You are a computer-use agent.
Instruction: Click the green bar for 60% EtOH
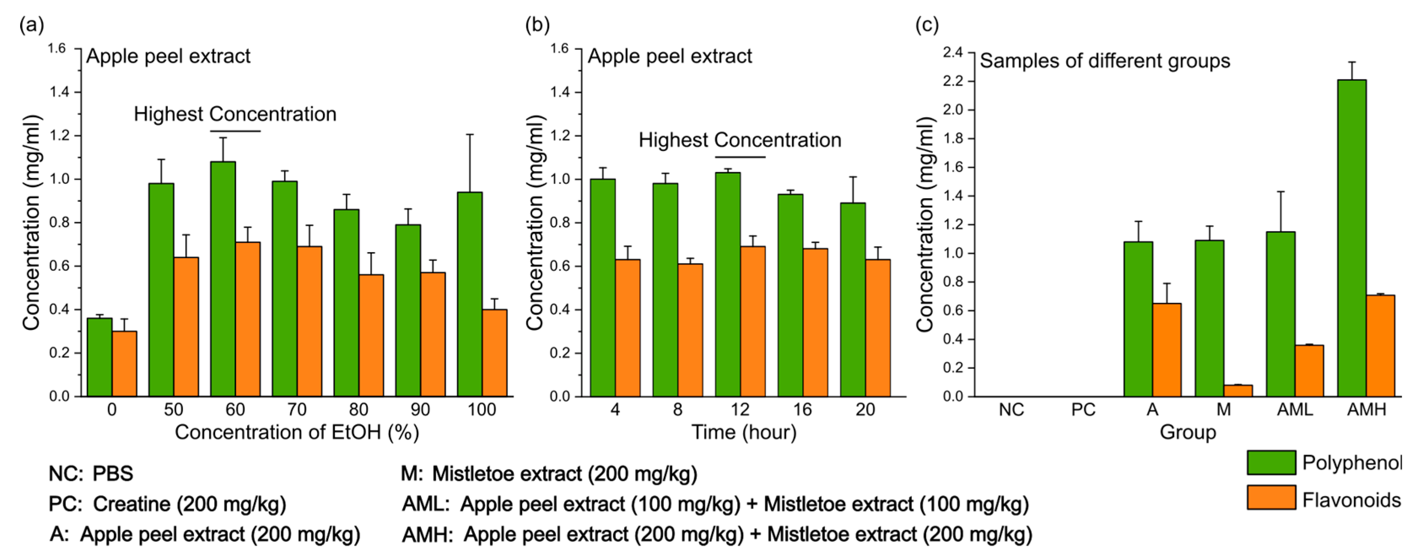pyautogui.click(x=223, y=279)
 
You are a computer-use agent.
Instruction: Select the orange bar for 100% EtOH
pyautogui.click(x=494, y=353)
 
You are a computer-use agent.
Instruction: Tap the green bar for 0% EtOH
pyautogui.click(x=99, y=357)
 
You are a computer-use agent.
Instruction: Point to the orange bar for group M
pyautogui.click(x=1238, y=391)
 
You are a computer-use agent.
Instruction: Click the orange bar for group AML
pyautogui.click(x=1309, y=370)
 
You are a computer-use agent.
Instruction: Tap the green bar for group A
pyautogui.click(x=1138, y=319)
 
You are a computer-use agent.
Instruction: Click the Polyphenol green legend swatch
pyautogui.click(x=1271, y=462)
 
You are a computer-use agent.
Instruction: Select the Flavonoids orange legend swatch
pyautogui.click(x=1271, y=497)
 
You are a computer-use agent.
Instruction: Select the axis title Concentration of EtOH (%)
pyautogui.click(x=297, y=432)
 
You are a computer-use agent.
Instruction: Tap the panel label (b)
pyautogui.click(x=537, y=25)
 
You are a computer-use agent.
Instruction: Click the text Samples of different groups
pyautogui.click(x=1104, y=61)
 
